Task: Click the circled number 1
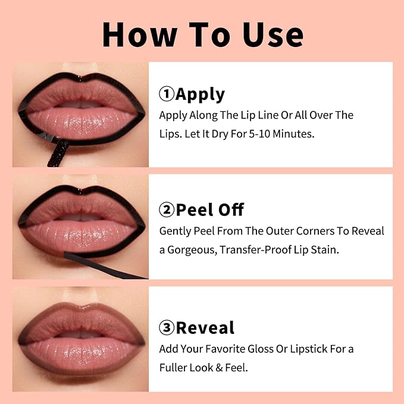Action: tap(167, 95)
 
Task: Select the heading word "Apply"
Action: tap(200, 95)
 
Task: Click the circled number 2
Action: tap(167, 209)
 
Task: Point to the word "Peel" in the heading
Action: tap(195, 209)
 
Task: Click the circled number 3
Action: tap(167, 328)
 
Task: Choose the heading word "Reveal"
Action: tap(205, 328)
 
